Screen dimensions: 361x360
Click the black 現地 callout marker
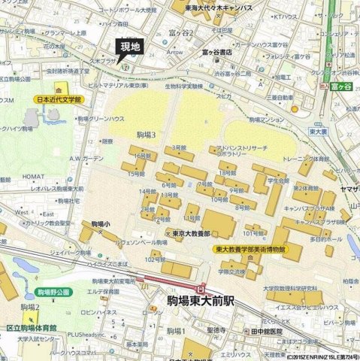point(130,47)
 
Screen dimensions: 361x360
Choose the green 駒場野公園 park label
point(53,291)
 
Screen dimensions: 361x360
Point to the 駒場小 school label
point(101,224)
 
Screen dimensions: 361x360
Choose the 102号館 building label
point(156,259)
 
